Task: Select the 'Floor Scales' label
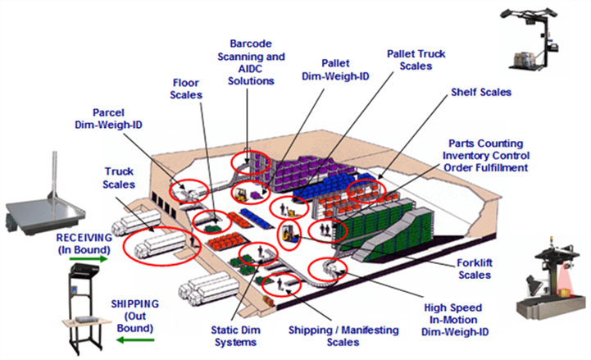[x=187, y=89]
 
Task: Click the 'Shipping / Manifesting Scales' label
[x=343, y=335]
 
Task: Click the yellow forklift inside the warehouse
[x=289, y=235]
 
